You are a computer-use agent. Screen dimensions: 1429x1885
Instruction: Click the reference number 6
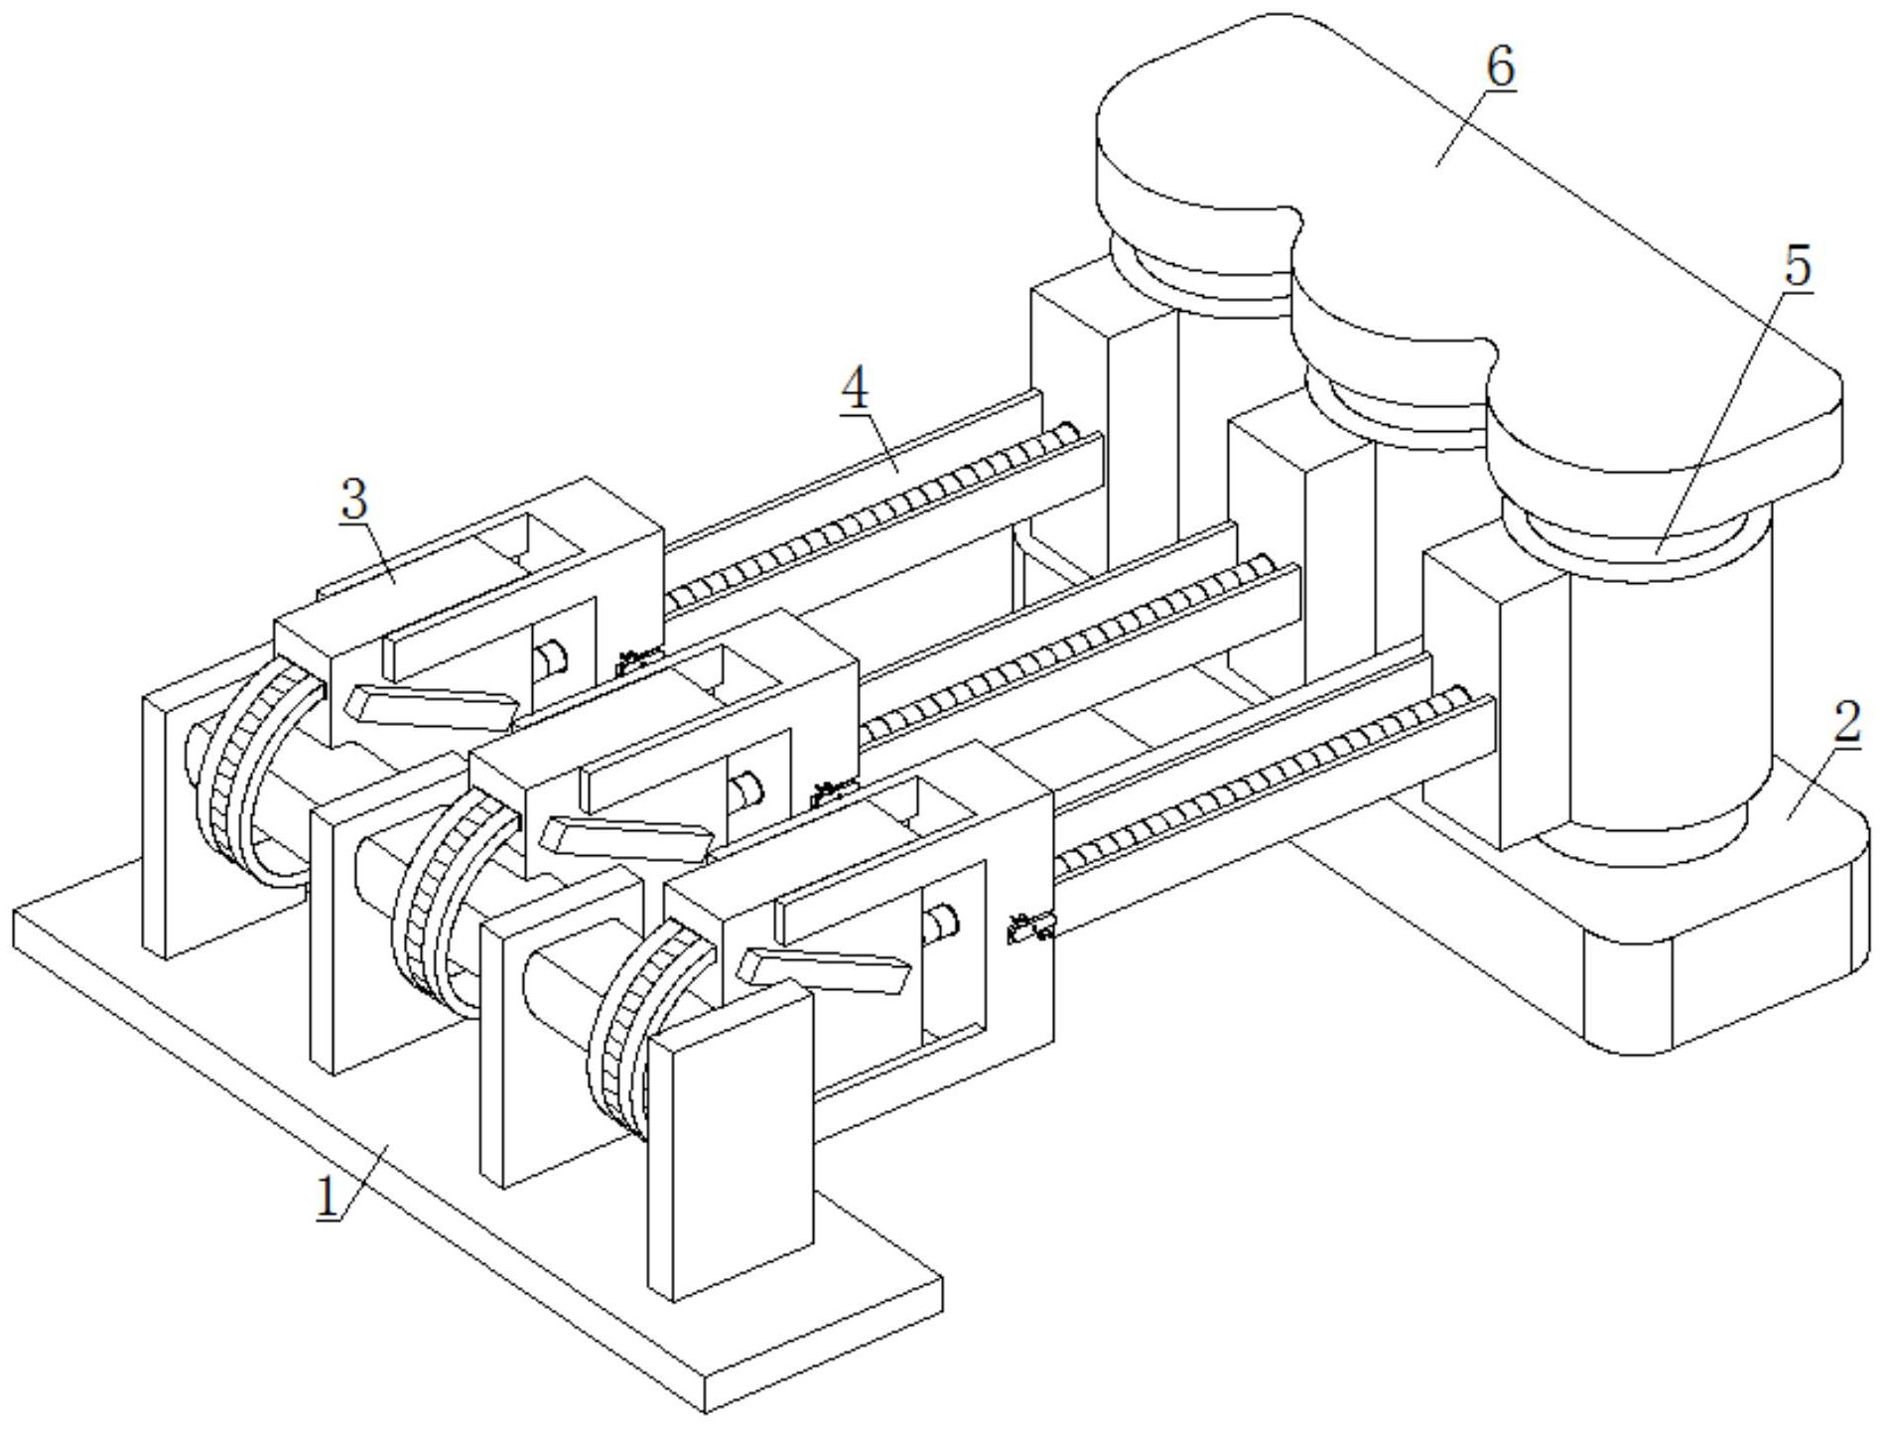tap(1500, 68)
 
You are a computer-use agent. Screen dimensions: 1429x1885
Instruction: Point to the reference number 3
tap(353, 500)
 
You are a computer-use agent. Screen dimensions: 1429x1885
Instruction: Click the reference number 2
tap(1845, 723)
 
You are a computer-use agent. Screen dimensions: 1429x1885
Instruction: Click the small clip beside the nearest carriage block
tap(1028, 928)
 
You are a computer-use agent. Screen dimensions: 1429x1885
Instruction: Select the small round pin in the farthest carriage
tap(549, 656)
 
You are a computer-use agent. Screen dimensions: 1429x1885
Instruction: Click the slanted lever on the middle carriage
tap(629, 837)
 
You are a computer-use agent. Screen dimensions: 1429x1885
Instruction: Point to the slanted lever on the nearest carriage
tap(826, 969)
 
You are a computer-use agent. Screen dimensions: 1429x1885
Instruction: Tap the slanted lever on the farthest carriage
tap(431, 705)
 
